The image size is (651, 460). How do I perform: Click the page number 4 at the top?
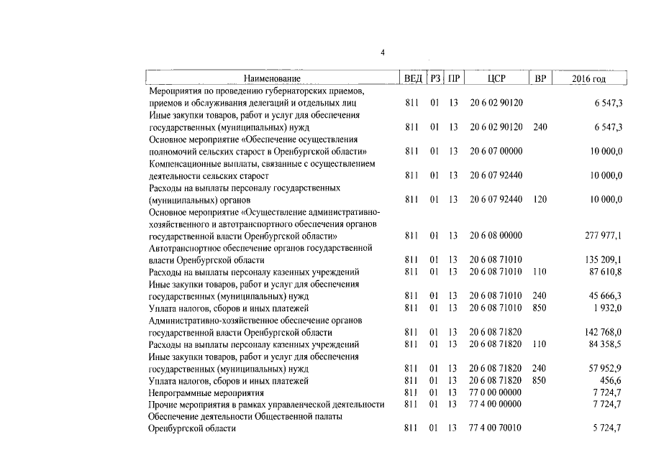click(383, 52)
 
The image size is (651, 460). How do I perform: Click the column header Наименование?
click(272, 78)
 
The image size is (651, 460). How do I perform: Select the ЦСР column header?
click(496, 78)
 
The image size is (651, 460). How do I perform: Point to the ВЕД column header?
click(413, 78)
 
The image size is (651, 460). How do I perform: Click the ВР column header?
click(540, 78)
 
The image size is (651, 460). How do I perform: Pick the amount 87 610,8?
click(606, 272)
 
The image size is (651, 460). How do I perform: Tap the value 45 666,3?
click(606, 296)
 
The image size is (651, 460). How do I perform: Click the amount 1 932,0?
click(609, 308)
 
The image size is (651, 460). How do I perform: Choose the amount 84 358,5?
click(606, 345)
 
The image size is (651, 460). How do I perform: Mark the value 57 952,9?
click(606, 369)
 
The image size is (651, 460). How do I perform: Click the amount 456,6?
click(611, 381)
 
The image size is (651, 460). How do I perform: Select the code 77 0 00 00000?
click(496, 393)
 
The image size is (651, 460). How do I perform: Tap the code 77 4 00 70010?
click(496, 429)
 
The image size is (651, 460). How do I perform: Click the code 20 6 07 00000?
click(496, 151)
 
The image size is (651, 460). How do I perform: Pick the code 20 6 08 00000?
click(496, 236)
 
